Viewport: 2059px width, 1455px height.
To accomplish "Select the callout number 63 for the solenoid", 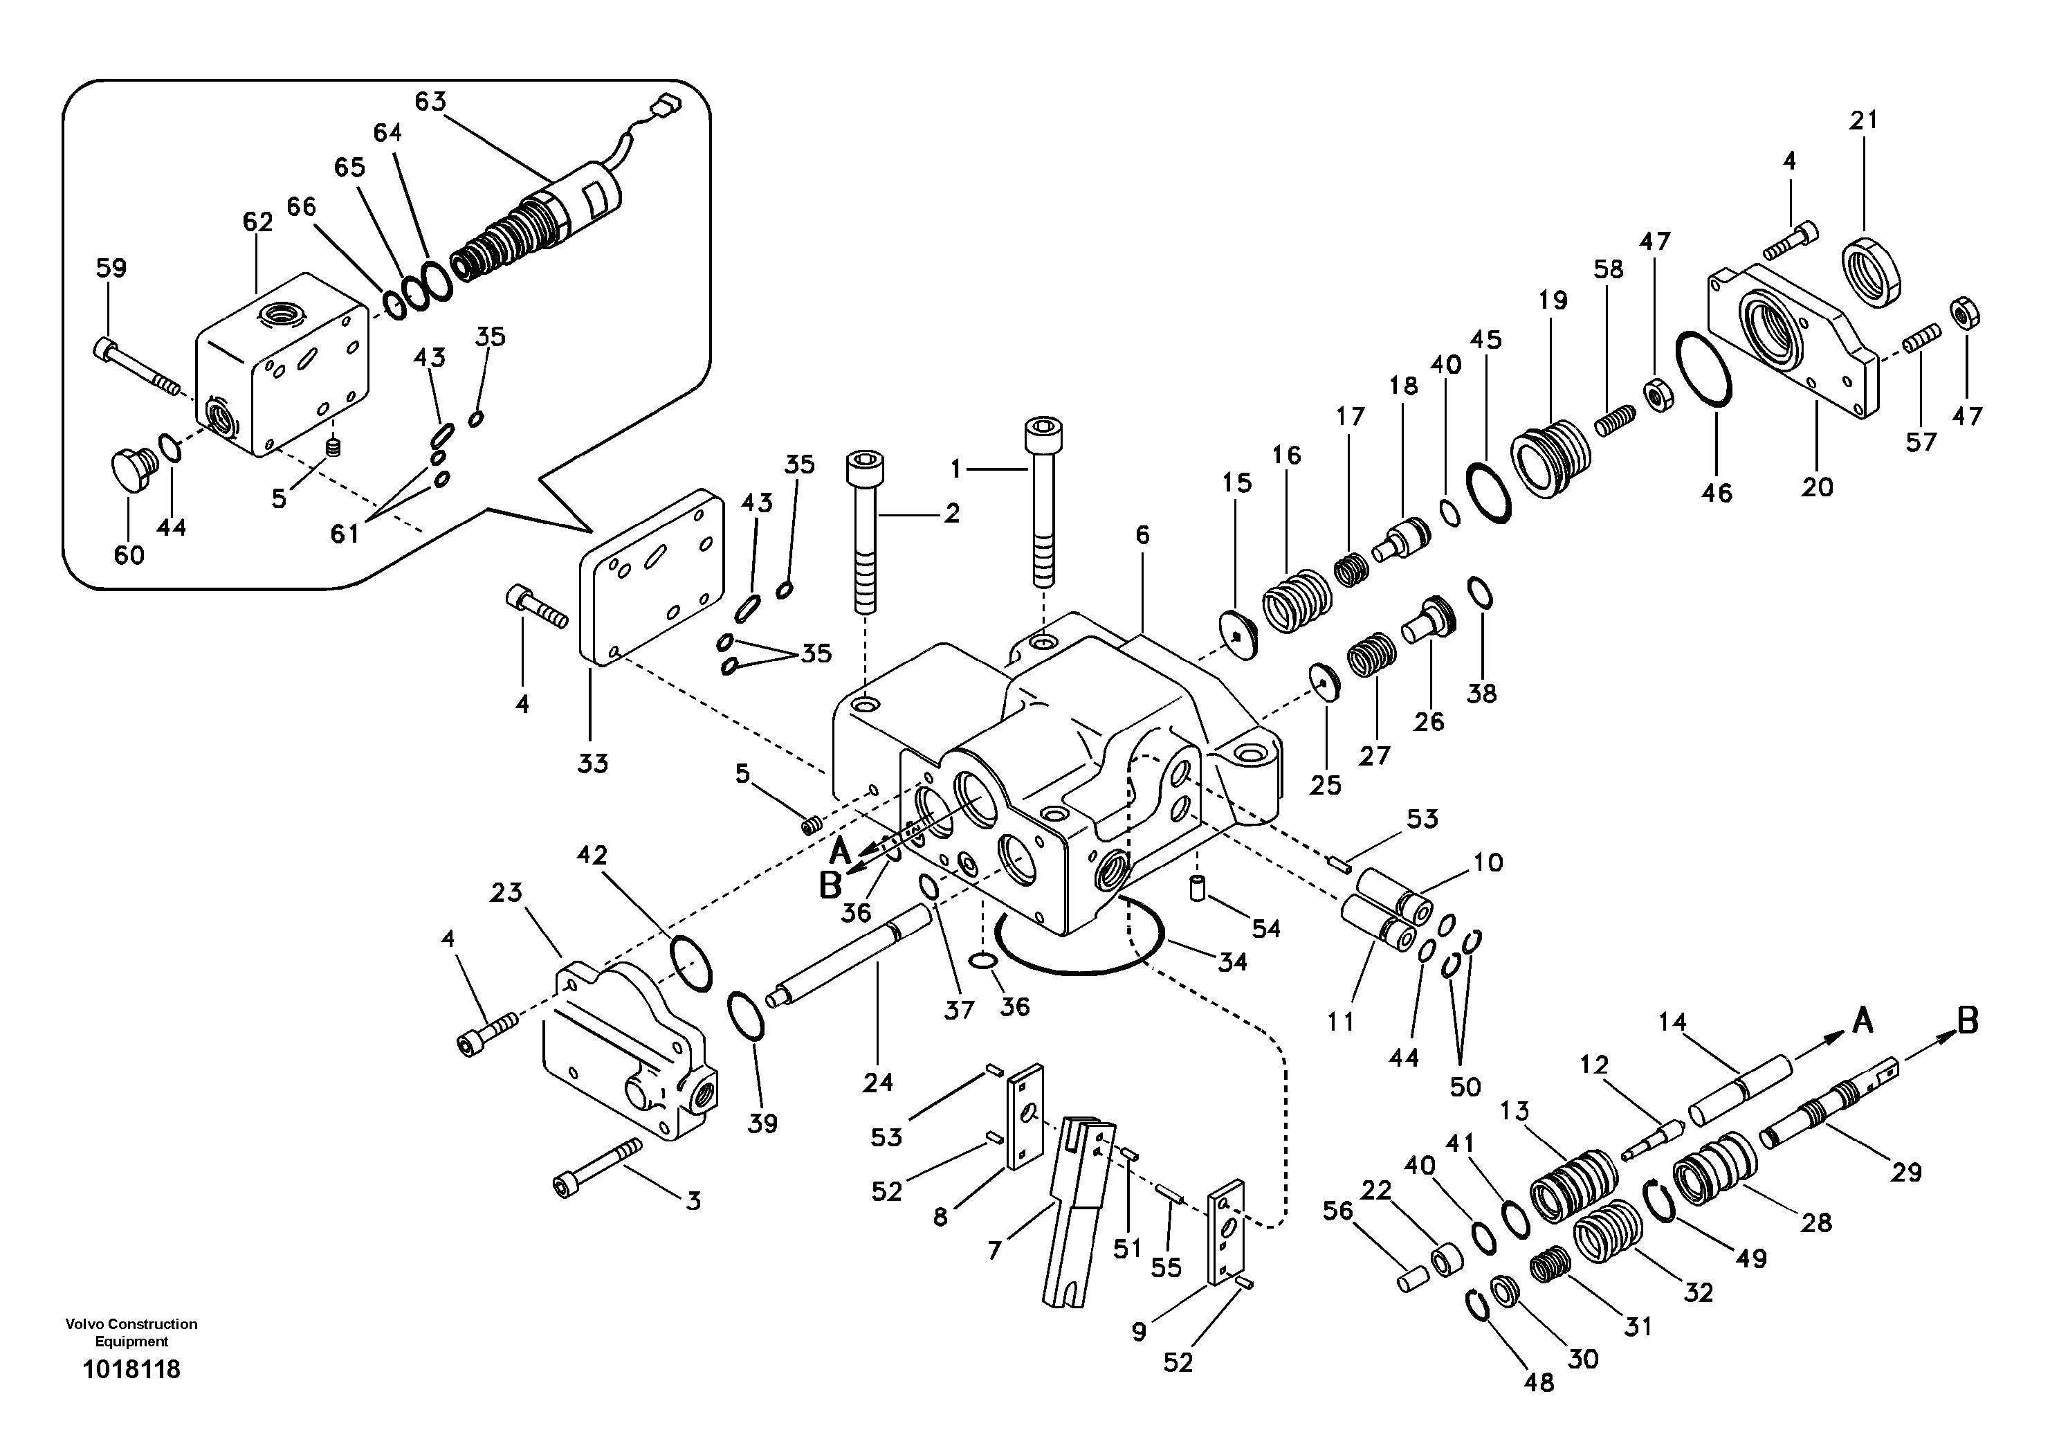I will tap(430, 101).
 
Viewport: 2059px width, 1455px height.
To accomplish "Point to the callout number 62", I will tap(257, 222).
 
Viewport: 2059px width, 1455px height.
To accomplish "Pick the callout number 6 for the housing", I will tap(1142, 536).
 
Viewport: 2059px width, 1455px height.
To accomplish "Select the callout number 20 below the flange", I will tap(1817, 487).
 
